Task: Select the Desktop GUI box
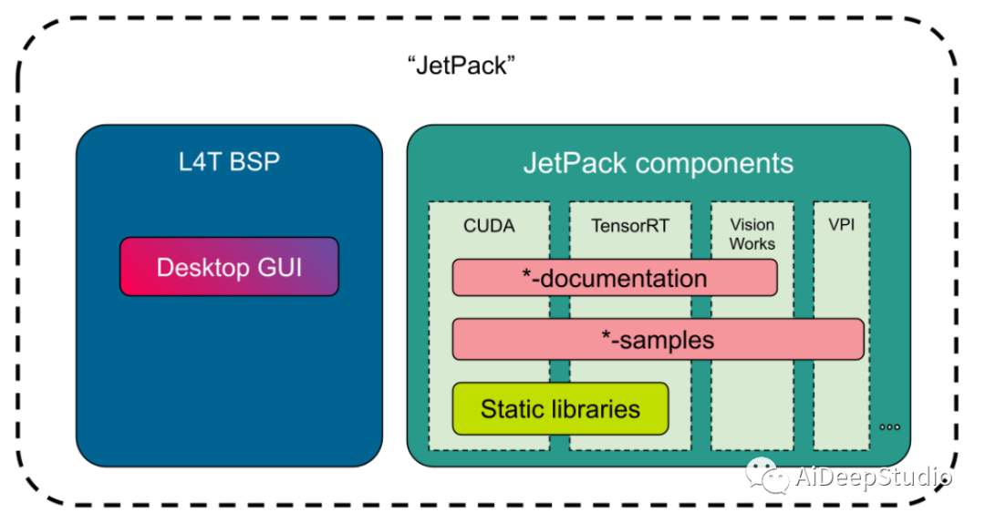click(x=229, y=267)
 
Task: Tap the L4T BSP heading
click(x=229, y=162)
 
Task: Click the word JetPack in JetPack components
click(x=573, y=163)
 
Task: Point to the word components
click(x=713, y=163)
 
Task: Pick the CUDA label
click(x=489, y=225)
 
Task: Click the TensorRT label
click(x=629, y=225)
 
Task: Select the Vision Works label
click(x=752, y=234)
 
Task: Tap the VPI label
click(x=840, y=224)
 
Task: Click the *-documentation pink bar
click(x=615, y=278)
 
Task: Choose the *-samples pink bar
click(x=658, y=339)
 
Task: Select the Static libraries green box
click(x=560, y=408)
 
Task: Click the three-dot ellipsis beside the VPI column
click(x=890, y=427)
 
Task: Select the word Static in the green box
click(x=513, y=408)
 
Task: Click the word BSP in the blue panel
click(x=254, y=162)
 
